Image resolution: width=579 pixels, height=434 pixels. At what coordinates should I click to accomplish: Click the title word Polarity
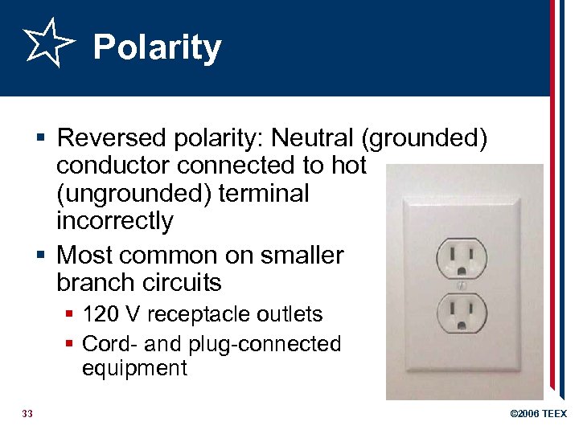click(x=157, y=48)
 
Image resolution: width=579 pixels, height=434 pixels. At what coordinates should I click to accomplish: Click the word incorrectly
click(x=115, y=220)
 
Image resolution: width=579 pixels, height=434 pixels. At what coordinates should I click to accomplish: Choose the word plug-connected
click(x=265, y=343)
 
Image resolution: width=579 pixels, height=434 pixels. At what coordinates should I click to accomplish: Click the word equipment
click(x=134, y=369)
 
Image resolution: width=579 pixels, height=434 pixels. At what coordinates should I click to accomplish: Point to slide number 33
click(x=27, y=414)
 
